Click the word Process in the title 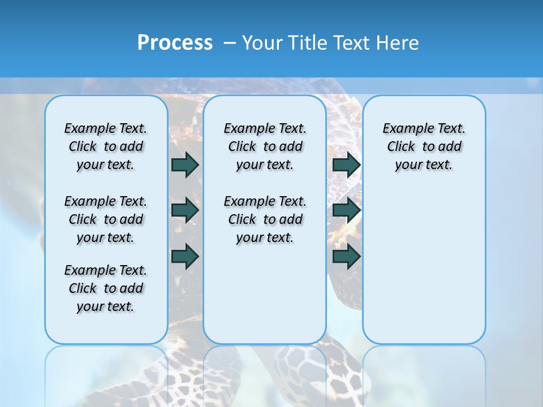coord(175,43)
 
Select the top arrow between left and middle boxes coord(185,164)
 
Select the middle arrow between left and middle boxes coord(185,211)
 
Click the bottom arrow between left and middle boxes coord(185,257)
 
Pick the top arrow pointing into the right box coord(346,164)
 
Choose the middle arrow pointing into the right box coord(346,211)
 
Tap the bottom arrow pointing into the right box coord(346,257)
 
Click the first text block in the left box coord(106,146)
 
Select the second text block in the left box coord(106,219)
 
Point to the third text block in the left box coord(106,288)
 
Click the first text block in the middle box coord(265,146)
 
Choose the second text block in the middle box coord(265,219)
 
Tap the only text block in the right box coord(424,146)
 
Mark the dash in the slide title coord(230,43)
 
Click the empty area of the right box coord(424,254)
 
